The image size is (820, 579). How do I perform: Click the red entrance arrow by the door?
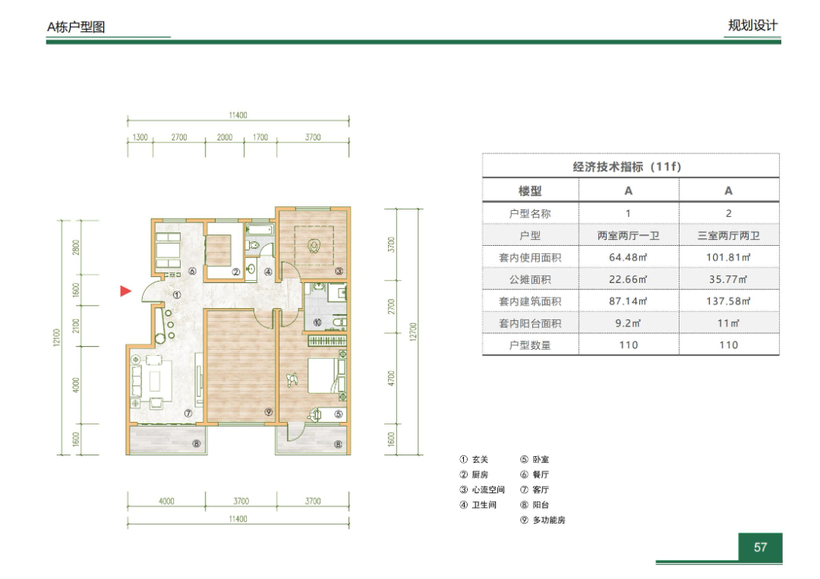(125, 291)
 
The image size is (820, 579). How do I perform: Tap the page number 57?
(760, 547)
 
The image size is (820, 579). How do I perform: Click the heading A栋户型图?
(77, 27)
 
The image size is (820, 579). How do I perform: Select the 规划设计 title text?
(752, 25)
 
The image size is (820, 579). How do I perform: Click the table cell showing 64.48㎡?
(628, 257)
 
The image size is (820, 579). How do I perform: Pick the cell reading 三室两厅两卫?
(728, 236)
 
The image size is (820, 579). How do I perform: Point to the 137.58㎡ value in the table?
(728, 301)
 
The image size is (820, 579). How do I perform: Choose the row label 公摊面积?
(530, 279)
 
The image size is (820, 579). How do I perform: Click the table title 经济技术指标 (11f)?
(627, 167)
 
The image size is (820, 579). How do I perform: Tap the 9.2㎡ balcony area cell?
(628, 323)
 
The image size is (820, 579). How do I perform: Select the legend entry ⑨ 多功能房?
(543, 520)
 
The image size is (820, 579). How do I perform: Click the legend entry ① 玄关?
(474, 459)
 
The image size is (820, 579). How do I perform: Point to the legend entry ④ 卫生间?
(478, 505)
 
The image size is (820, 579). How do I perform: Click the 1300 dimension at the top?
(140, 137)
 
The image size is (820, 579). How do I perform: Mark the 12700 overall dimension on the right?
(413, 332)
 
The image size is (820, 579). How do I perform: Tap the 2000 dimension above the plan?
(225, 137)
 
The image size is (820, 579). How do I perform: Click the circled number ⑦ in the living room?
(188, 414)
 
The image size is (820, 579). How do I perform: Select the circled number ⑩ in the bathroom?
(317, 323)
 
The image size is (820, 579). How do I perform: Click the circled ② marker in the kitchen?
(236, 272)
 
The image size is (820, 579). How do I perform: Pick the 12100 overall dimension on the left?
(57, 337)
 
